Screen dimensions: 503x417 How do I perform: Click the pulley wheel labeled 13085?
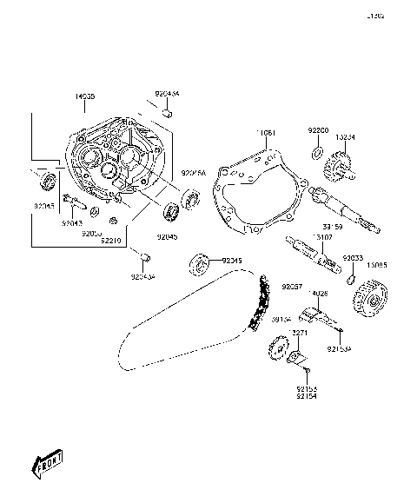(369, 302)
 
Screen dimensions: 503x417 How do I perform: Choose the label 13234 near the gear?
(345, 136)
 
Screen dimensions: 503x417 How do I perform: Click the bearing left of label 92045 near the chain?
(201, 261)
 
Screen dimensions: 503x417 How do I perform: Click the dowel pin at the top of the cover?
(168, 111)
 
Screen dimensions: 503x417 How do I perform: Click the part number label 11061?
(265, 133)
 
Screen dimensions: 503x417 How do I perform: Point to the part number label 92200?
(318, 129)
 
